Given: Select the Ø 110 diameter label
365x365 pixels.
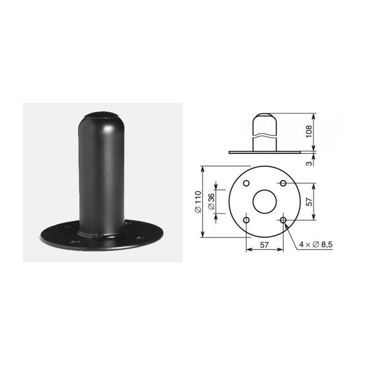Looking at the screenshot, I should point(197,201).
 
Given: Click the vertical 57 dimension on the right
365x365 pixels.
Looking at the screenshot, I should point(309,202).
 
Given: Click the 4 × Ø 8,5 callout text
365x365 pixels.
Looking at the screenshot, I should point(316,245).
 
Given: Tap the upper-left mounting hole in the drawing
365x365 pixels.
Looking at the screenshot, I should point(246,183).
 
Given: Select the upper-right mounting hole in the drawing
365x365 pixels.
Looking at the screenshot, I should point(283,183).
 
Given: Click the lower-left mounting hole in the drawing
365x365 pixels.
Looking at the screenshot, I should point(246,220).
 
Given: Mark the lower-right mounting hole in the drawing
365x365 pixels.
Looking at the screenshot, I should point(283,220).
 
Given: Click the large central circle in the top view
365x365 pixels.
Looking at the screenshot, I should point(265,202).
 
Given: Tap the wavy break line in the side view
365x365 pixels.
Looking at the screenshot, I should point(265,136).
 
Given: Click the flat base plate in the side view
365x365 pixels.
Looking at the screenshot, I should point(265,151).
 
